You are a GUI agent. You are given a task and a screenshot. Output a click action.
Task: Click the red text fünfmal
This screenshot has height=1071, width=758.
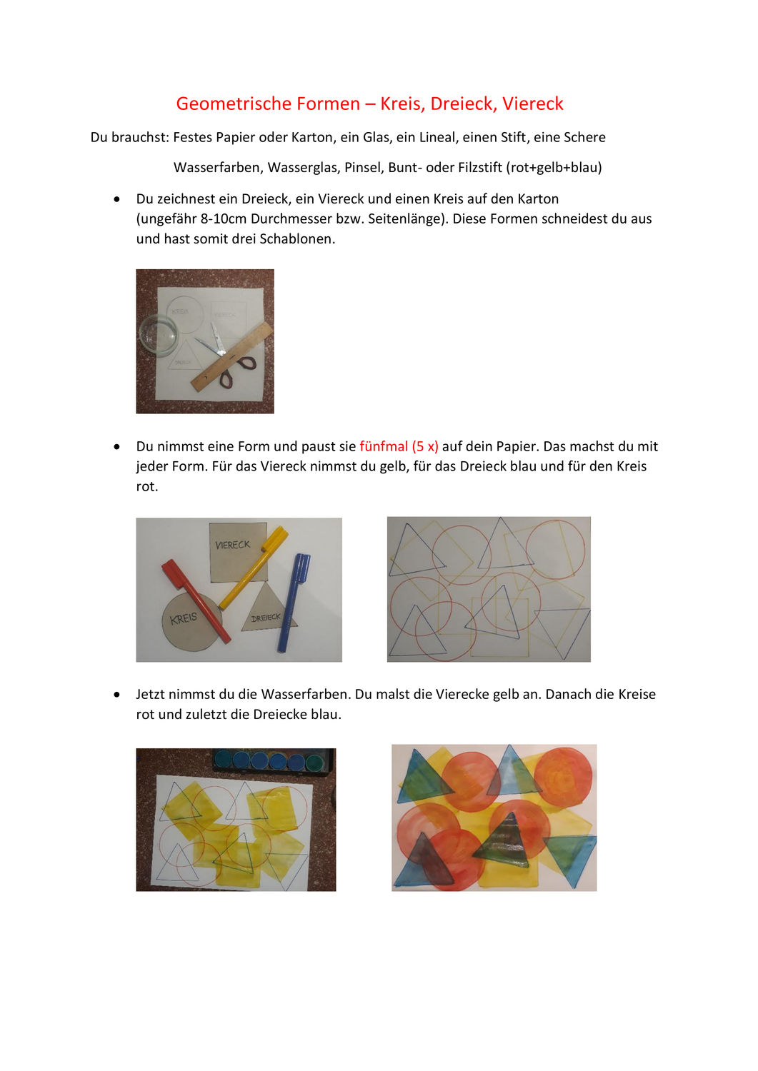(384, 446)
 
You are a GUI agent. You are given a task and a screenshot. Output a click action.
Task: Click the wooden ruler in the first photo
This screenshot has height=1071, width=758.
(231, 356)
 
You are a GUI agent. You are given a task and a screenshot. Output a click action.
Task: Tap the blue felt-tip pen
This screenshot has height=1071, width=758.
(294, 603)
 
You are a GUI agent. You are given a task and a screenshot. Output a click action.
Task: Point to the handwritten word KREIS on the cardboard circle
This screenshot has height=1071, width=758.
(184, 618)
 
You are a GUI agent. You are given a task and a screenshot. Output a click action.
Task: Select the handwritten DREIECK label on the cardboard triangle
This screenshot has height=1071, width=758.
(266, 618)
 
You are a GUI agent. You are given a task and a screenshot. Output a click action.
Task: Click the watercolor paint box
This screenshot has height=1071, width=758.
(273, 760)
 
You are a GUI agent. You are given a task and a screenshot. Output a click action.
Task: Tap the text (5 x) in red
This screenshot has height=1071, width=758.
(425, 446)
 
